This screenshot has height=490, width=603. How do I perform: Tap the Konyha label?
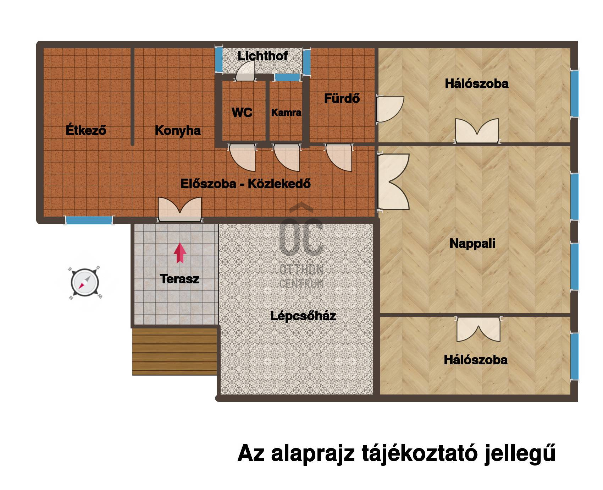point(178,130)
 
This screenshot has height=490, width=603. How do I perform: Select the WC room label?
point(242,113)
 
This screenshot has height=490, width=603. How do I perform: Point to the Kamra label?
point(286,113)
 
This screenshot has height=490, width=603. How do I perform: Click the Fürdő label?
point(342,98)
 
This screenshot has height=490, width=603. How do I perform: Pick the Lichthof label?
point(262,56)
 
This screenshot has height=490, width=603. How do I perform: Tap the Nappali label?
point(472,244)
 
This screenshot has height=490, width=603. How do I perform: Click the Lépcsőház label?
point(303,315)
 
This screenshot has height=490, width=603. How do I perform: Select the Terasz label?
point(179,279)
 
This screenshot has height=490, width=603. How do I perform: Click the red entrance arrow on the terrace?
point(180,253)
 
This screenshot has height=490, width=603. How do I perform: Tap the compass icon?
point(84,283)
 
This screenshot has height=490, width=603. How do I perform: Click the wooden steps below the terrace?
point(175,351)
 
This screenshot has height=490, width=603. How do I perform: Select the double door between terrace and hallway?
point(180,209)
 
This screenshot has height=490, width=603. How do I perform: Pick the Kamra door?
point(286,158)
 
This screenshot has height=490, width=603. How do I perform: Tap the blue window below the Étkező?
point(89,220)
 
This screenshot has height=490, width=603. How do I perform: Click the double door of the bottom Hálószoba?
point(478,330)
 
